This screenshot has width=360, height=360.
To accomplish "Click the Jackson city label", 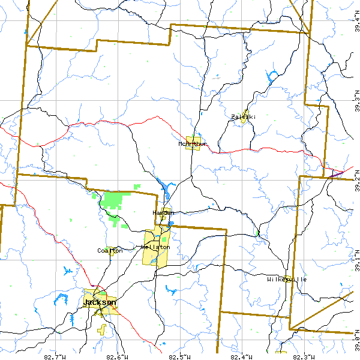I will [100, 302].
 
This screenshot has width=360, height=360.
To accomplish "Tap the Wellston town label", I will [156, 247].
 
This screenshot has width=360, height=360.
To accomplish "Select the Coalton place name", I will [110, 251].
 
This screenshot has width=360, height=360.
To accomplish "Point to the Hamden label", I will [163, 213].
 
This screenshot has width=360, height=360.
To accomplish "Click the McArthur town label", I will [193, 144].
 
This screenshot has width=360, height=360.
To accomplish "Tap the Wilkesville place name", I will [287, 280].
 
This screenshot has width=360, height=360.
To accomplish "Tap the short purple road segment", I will [338, 173].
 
